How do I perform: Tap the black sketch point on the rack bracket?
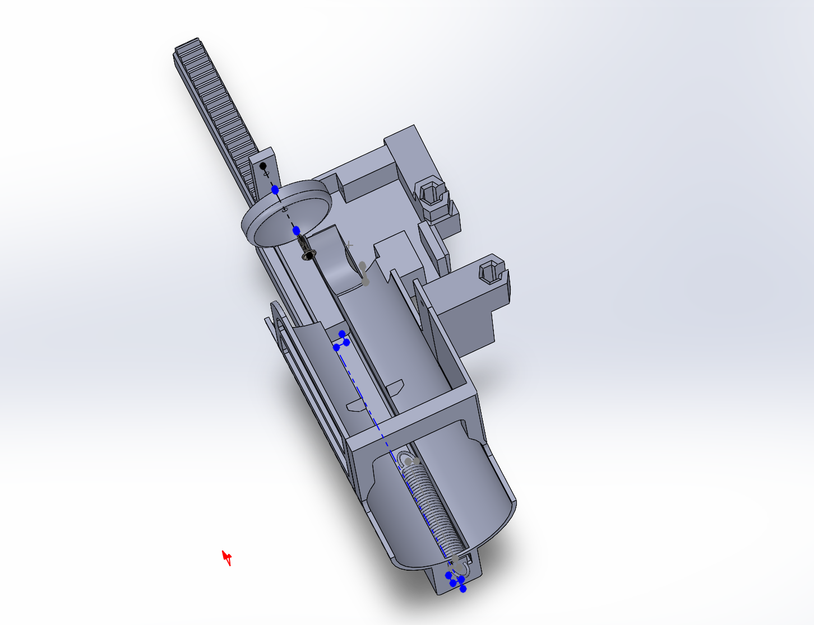(x=263, y=166)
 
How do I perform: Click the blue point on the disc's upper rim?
(x=275, y=190)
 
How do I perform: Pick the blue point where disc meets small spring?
(x=296, y=230)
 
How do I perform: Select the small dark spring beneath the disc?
(x=303, y=244)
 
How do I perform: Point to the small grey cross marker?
(x=350, y=245)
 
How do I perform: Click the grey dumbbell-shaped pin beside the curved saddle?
(x=364, y=273)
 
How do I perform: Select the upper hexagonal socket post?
(x=429, y=194)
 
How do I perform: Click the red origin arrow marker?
(x=227, y=558)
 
